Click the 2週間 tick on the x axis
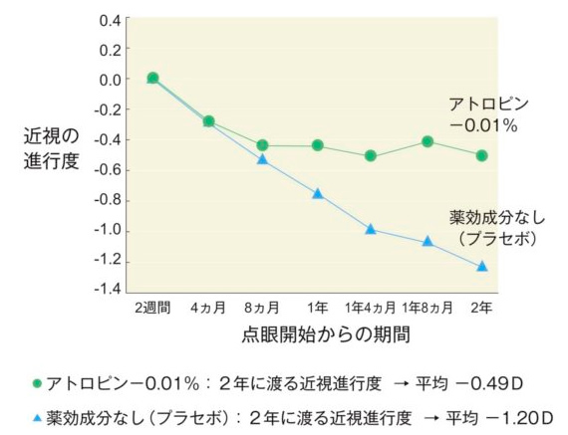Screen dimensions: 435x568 point(153,308)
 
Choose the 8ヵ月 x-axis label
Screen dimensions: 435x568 point(262,308)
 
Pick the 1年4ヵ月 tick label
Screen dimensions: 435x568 point(371,308)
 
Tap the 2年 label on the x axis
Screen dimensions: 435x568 point(482,308)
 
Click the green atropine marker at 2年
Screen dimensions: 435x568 point(482,155)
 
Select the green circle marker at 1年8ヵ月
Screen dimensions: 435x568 point(427,141)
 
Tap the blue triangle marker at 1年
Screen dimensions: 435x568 point(318,193)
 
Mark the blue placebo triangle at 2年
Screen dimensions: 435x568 point(482,266)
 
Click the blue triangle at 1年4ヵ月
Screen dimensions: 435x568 point(371,229)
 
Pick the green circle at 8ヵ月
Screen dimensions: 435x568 point(262,145)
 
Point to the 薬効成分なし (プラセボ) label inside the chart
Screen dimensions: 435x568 point(492,227)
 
